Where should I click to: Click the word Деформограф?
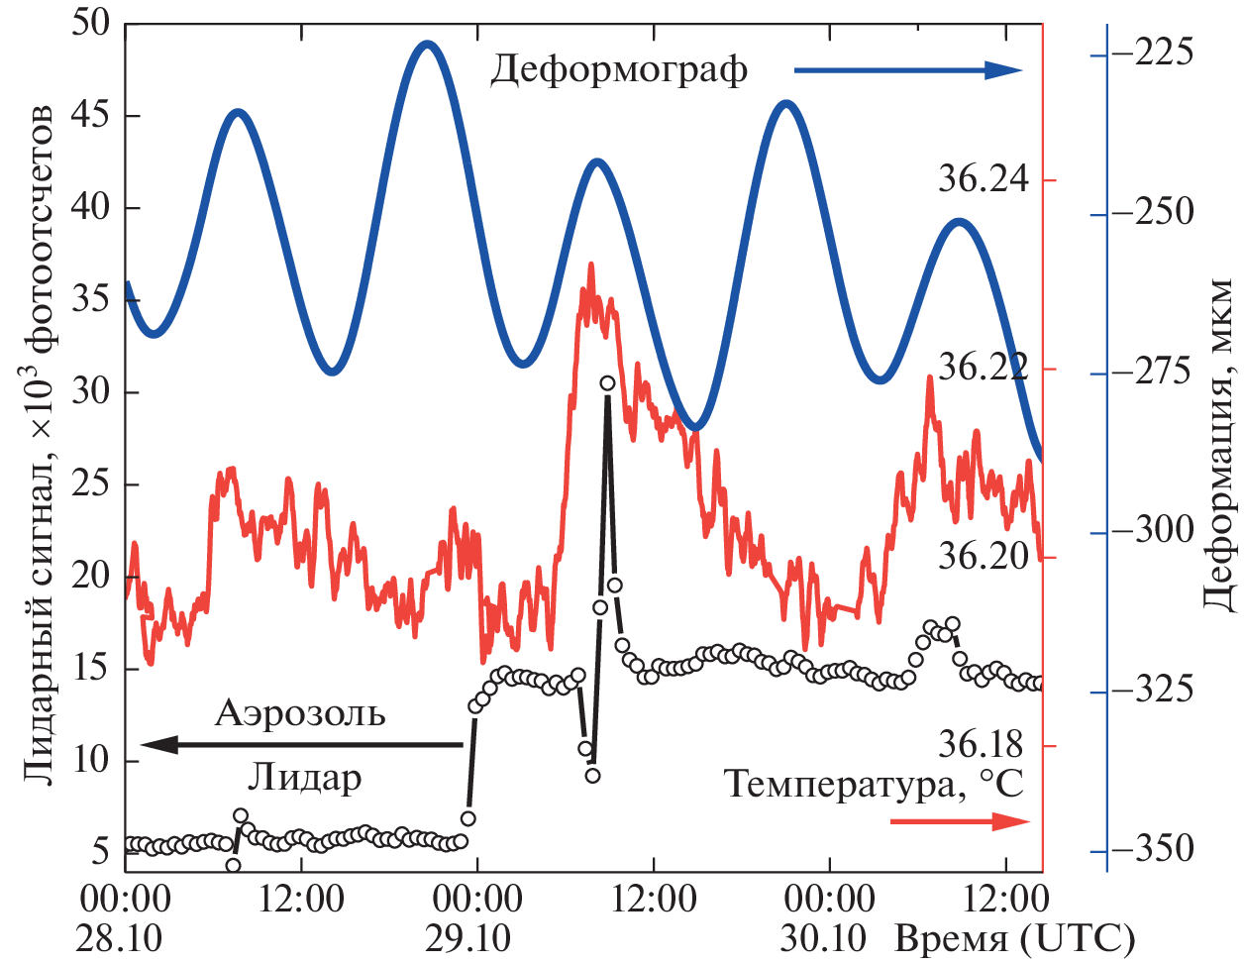619,70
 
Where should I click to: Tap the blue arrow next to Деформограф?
907,69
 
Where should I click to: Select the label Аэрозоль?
300,712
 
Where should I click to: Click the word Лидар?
304,778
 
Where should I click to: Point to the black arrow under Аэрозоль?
301,744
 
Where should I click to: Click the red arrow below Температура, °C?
960,821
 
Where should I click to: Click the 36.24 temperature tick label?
984,179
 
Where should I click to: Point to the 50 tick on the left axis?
91,24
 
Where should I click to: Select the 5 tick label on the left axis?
100,851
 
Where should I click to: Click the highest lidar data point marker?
607,382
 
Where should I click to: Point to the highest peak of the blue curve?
427,44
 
